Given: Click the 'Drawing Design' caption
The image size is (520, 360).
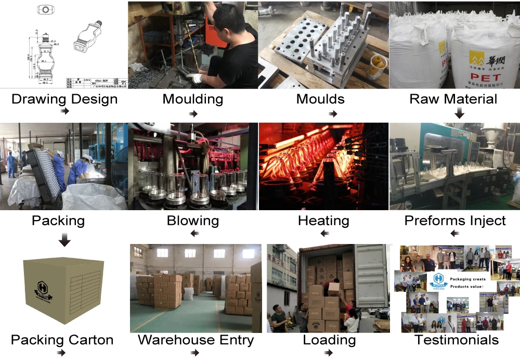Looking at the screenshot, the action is tap(64, 99).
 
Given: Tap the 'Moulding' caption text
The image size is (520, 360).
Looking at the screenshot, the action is tap(193, 99).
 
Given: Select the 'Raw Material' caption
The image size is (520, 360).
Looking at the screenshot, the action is tap(453, 99).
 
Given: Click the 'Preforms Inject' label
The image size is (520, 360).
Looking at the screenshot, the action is tap(455, 221).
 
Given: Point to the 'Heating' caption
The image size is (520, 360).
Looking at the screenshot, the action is tap(323, 221).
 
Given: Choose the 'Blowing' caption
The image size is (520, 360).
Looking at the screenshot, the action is tap(193, 221).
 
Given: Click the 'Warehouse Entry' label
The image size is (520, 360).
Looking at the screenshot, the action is tap(196, 340).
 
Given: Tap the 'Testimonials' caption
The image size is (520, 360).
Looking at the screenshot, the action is tap(457, 340).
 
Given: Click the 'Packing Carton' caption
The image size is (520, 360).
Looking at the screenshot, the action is tap(62, 340).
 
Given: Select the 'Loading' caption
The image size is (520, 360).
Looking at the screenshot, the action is tap(329, 340).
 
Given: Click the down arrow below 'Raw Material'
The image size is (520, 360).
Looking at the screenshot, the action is tap(459, 113).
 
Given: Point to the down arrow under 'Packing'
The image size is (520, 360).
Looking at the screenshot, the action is tap(64, 240).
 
